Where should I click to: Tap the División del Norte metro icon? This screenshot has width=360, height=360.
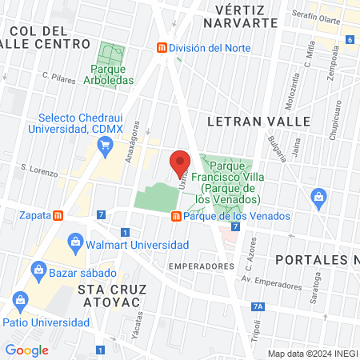click(162, 48)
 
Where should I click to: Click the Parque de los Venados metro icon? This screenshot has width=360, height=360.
click(176, 216)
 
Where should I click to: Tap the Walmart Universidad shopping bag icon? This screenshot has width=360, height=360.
click(75, 241)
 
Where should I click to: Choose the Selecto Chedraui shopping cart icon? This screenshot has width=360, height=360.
click(104, 145)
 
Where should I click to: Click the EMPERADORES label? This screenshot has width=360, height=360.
click(202, 266)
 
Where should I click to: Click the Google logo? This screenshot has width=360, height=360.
click(27, 350)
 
